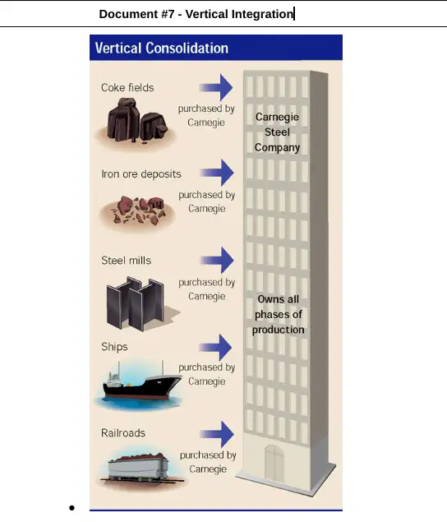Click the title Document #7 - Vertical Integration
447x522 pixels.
196,14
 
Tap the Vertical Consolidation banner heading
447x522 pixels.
162,48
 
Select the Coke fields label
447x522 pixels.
127,88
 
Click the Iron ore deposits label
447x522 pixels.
141,173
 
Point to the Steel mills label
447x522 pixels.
127,261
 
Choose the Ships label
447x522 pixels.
114,347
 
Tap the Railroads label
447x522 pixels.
123,432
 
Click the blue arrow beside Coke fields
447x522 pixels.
216,88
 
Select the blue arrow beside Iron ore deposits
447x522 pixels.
217,173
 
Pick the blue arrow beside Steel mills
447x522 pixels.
217,261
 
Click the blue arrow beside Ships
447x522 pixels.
215,348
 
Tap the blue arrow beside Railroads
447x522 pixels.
217,434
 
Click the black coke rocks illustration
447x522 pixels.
137,120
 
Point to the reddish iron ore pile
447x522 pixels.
138,210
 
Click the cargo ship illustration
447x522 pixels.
141,383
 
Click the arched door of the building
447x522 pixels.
274,464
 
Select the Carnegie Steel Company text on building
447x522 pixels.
277,132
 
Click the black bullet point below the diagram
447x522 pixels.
71,508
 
